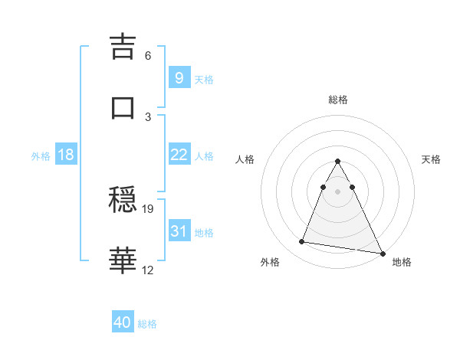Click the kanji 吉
point(124,47)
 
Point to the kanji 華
point(124,260)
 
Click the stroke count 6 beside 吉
point(148,56)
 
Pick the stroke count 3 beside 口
point(148,116)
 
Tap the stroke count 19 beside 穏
point(148,208)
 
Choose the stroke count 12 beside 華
point(148,270)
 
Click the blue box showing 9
point(179,77)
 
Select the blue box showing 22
point(179,155)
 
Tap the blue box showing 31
point(179,231)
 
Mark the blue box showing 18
point(66,155)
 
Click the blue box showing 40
point(122,323)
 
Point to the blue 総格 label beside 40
point(148,324)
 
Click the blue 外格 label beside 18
point(41,156)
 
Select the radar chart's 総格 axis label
point(338,100)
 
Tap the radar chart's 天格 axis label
point(431,159)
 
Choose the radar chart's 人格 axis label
point(245,159)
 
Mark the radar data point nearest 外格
point(301,242)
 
